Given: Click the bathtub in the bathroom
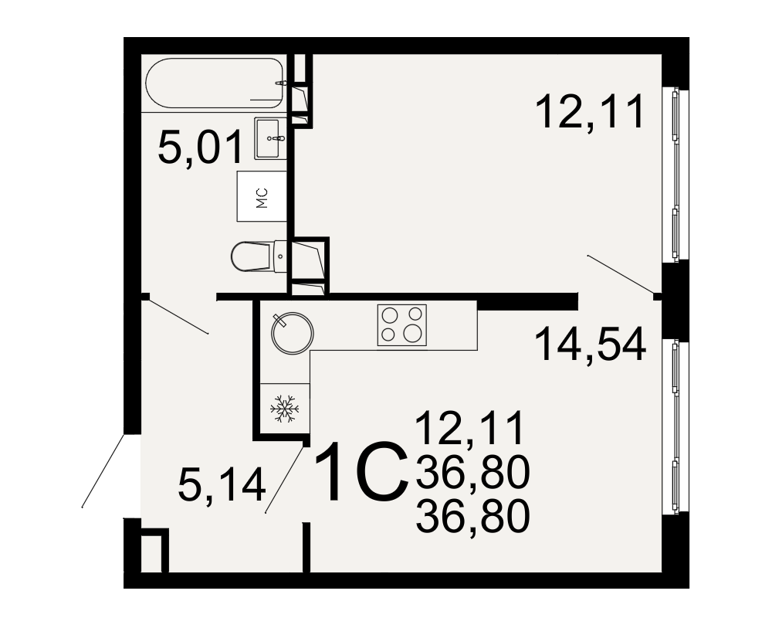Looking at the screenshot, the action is (215, 83).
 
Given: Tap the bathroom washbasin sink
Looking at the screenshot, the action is (269, 138).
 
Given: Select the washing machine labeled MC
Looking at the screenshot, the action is (262, 196).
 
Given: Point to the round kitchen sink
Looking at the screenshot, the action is (292, 333).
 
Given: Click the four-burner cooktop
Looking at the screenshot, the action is (401, 324).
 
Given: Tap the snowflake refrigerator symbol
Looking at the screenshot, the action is (285, 408).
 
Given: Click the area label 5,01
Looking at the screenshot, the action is (201, 147).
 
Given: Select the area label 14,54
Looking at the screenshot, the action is (590, 345).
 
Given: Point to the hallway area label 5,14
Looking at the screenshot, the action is (222, 484).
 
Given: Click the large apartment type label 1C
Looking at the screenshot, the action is (361, 472).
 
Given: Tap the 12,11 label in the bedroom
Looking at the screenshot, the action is (590, 112).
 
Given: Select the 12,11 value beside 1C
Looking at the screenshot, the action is (469, 429).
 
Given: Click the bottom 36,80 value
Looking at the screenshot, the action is (472, 516).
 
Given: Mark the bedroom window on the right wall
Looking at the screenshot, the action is (675, 173).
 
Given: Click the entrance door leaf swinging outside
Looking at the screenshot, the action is (103, 470).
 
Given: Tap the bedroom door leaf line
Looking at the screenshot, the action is (621, 274).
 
